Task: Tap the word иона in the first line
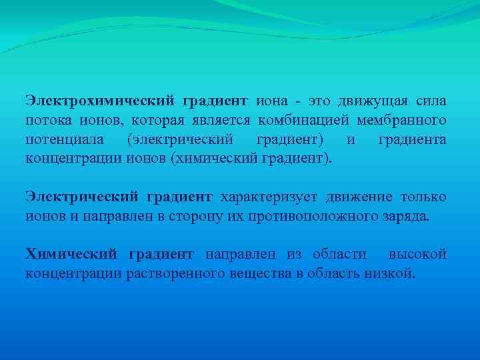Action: (272, 101)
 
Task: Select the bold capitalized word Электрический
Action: (82, 197)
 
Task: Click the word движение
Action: (364, 197)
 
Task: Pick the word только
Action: (424, 197)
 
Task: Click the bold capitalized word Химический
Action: (71, 255)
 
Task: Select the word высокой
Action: (418, 255)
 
